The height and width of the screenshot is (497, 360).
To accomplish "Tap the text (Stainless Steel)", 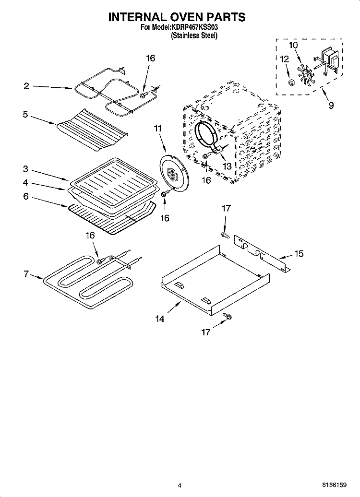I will [x=194, y=36].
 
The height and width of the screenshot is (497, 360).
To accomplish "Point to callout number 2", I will [x=26, y=86].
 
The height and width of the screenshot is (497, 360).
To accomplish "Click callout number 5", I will [x=26, y=115].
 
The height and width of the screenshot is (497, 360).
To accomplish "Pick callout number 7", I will [x=26, y=274].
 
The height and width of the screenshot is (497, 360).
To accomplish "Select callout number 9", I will [x=331, y=106].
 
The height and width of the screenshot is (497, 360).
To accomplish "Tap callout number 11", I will [x=158, y=128].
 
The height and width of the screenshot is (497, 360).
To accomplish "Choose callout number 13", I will [x=227, y=166].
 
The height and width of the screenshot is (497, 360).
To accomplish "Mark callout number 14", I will [x=160, y=319].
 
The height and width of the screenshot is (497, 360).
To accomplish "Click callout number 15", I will [x=299, y=254].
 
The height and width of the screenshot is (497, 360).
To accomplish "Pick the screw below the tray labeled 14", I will [x=228, y=316].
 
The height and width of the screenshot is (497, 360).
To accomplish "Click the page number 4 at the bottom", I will [x=180, y=485].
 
